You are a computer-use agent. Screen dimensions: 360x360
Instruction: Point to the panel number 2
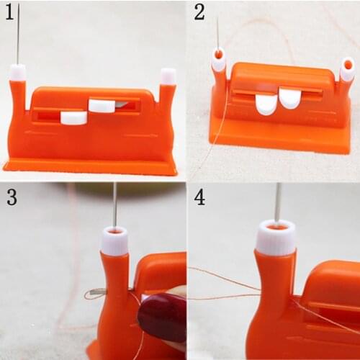tap(199, 12)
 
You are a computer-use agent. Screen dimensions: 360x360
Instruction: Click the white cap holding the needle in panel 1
tap(18, 73)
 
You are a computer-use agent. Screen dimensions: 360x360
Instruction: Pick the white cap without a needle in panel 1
tap(168, 76)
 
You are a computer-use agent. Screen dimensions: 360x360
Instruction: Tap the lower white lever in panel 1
tap(73, 117)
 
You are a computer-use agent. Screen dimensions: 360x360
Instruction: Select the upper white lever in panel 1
tap(102, 106)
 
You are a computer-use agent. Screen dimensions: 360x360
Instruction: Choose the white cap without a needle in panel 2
tap(347, 69)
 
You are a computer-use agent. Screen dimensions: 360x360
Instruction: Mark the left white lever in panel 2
tap(266, 104)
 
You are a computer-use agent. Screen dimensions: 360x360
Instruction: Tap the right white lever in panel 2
tap(290, 97)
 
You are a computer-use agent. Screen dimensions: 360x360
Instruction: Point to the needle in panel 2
tap(217, 33)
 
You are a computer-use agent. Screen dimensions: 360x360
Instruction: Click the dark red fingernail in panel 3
tap(161, 317)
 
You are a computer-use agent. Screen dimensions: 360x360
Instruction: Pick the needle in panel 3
tap(114, 205)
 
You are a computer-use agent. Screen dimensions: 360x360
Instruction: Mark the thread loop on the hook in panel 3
tap(94, 294)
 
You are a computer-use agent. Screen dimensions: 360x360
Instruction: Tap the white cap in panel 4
tap(276, 238)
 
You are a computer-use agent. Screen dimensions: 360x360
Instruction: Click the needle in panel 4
tap(277, 202)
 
